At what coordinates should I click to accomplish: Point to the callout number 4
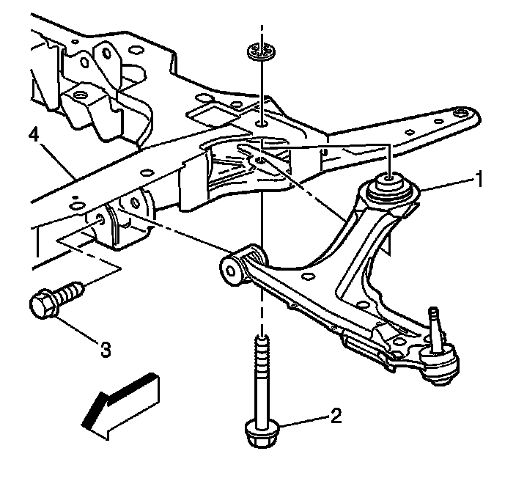click(x=33, y=135)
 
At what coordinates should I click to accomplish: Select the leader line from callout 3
click(x=81, y=329)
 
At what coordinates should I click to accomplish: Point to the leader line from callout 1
click(x=444, y=185)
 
